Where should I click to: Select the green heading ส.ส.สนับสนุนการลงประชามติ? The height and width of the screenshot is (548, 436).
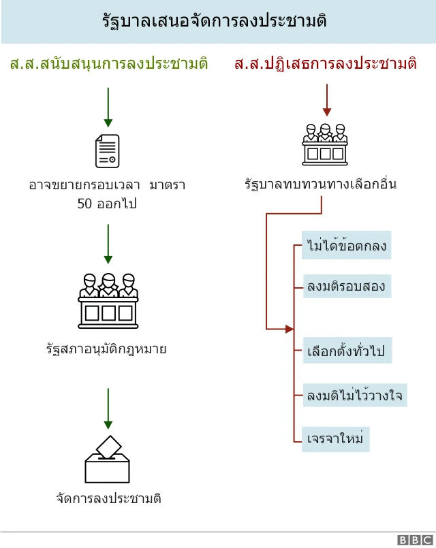[x=108, y=65]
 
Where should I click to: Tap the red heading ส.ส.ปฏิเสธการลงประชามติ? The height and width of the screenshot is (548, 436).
[x=325, y=65]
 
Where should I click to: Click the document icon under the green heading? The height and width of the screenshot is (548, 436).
[x=107, y=150]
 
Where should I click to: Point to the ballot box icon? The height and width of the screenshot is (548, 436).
[x=107, y=460]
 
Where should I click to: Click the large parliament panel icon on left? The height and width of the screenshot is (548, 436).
[x=108, y=299]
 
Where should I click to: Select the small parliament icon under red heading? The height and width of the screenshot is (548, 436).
[x=325, y=144]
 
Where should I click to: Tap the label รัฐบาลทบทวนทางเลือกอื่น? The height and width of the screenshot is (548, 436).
[x=320, y=184]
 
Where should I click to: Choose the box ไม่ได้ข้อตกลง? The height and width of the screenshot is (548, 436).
[x=347, y=246]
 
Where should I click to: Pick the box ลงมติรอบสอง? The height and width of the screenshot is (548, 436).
[x=346, y=287]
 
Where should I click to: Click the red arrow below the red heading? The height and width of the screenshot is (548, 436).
[x=327, y=101]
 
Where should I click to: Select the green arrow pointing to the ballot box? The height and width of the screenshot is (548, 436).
[x=108, y=408]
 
